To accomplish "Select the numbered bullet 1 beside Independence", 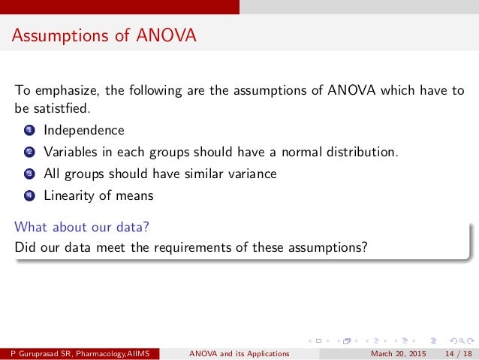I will point(29,131).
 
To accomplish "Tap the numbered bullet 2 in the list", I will point(29,153).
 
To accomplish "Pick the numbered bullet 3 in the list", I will point(29,174).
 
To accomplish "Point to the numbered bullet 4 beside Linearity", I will point(29,196).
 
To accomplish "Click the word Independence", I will point(84,130).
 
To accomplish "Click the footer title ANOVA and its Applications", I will point(239,354).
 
